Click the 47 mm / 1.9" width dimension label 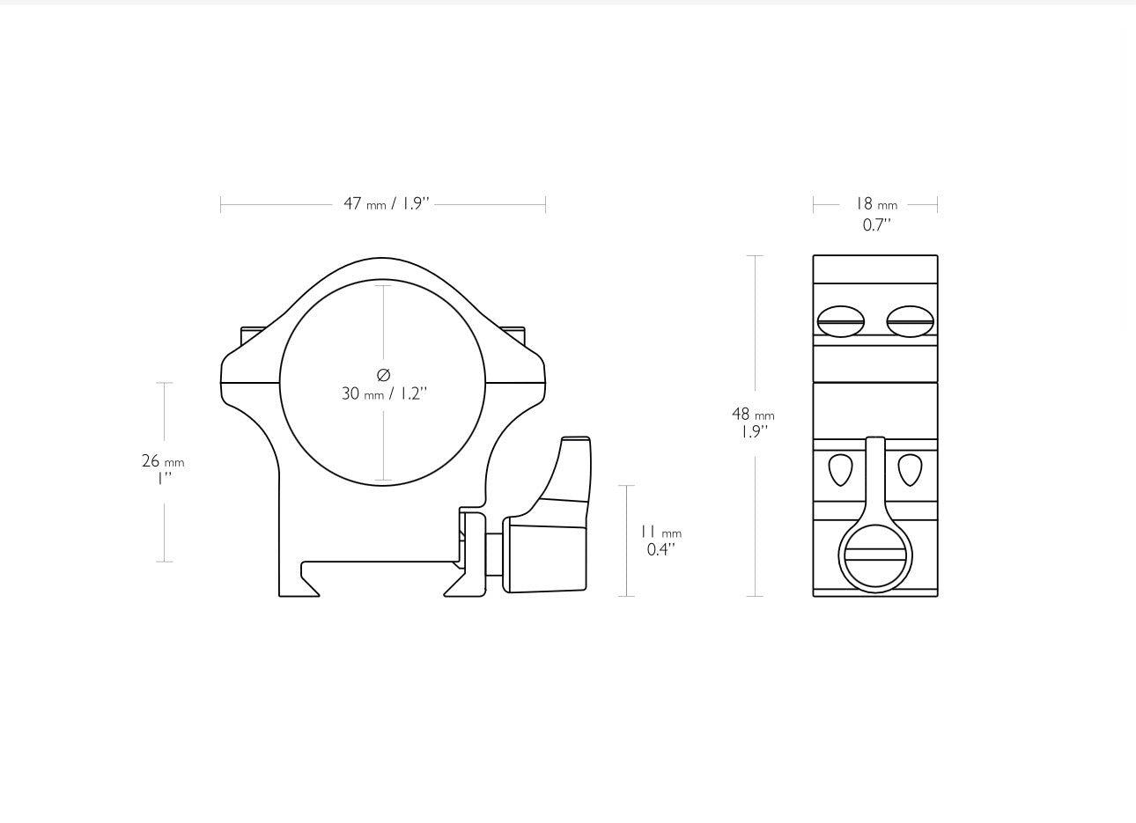tap(386, 204)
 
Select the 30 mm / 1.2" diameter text tap(384, 393)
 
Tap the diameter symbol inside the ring tap(383, 375)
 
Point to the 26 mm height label tap(163, 461)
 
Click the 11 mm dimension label tap(660, 533)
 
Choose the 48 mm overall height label tap(753, 414)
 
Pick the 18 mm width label tap(876, 204)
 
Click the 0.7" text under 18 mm tap(876, 224)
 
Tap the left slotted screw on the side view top tap(841, 322)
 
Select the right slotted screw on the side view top tap(910, 322)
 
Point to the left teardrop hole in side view tap(841, 469)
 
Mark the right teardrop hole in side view tap(910, 469)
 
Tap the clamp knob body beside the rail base tap(546, 556)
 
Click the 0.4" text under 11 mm tap(660, 550)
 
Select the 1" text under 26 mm tap(164, 479)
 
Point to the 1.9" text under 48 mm tap(754, 431)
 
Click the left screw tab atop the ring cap tap(252, 334)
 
